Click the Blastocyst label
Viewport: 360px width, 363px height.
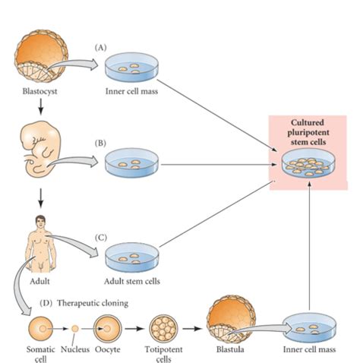pos(39,91)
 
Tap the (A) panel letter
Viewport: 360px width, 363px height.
pos(100,48)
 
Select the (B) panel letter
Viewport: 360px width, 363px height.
pos(100,144)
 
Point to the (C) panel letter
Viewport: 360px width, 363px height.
pos(101,238)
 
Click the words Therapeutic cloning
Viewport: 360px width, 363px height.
pos(93,303)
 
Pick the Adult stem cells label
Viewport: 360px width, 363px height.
pos(132,281)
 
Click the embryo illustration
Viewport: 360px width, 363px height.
pos(41,150)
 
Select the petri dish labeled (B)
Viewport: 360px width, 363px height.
pos(131,163)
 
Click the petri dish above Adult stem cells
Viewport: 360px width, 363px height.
pos(132,257)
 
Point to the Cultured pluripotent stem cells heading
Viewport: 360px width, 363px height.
pos(308,132)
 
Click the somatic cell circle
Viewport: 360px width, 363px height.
pos(41,329)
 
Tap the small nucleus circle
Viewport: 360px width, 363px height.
pos(74,329)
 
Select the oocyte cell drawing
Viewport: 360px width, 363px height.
pos(107,329)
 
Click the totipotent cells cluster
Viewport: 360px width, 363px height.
pos(163,329)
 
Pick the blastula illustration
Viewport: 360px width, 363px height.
pos(231,320)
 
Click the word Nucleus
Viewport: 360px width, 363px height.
pos(75,349)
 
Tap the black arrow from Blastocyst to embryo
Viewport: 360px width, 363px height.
pos(41,106)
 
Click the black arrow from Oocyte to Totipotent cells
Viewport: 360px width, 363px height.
pos(134,329)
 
